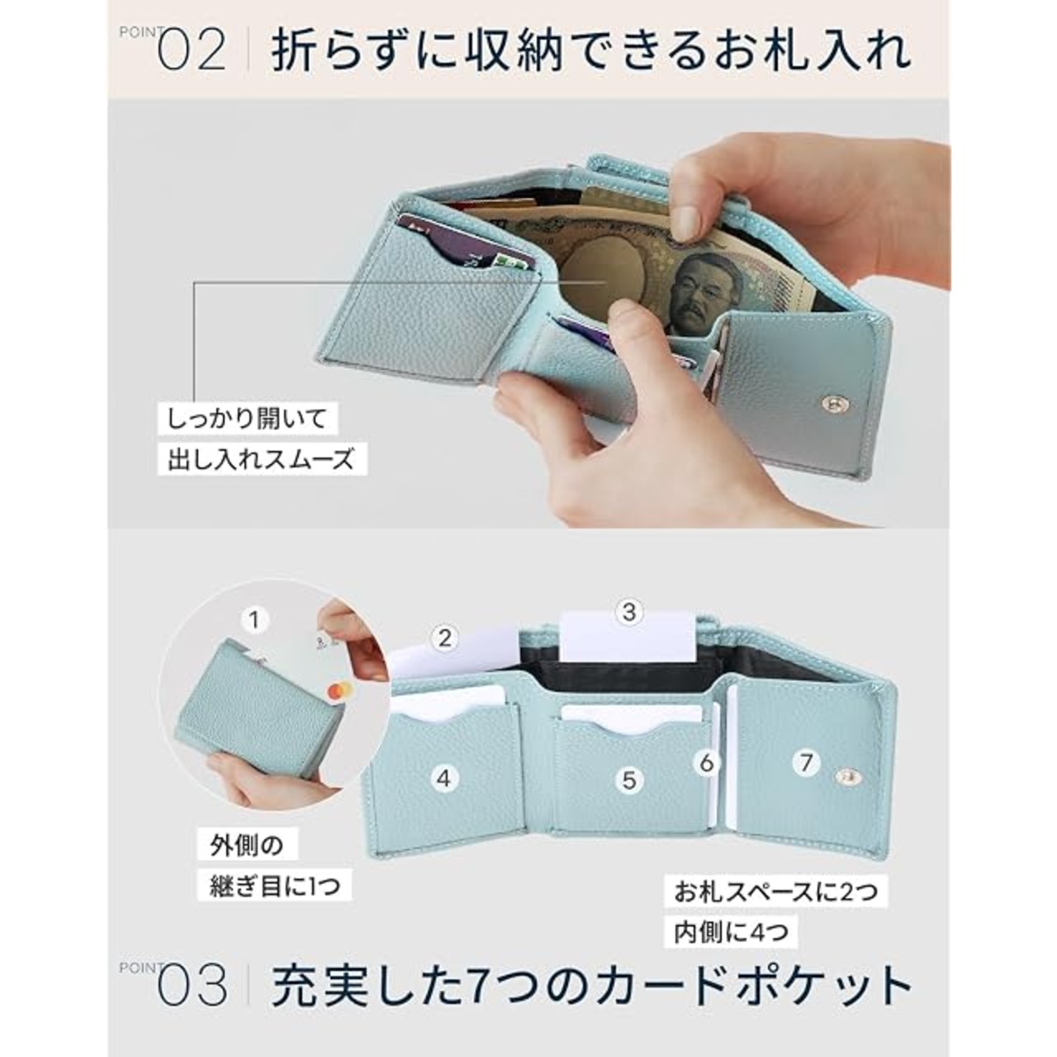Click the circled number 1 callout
click(x=254, y=620)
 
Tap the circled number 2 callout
click(x=444, y=638)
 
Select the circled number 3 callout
click(x=629, y=612)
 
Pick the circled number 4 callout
click(x=444, y=778)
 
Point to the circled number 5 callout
click(x=629, y=780)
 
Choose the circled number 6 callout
click(x=707, y=762)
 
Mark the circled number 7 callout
click(x=806, y=762)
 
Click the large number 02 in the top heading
click(x=192, y=50)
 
